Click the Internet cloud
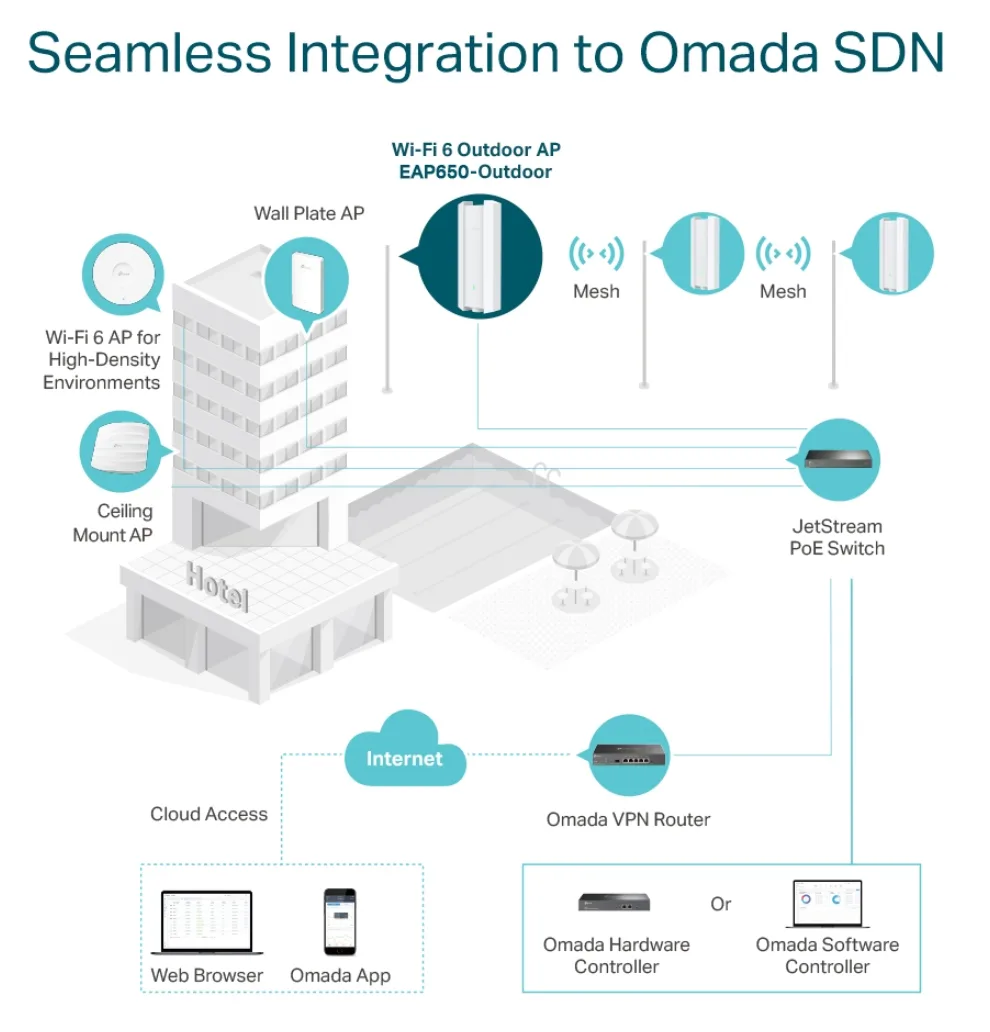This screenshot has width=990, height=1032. (x=405, y=750)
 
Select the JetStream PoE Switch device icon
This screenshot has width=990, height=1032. (x=839, y=458)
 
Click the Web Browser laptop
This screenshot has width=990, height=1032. (x=207, y=922)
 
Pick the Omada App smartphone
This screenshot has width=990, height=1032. (x=340, y=921)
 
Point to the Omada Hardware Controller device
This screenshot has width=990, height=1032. (x=614, y=902)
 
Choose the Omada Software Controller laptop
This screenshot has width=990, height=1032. (x=828, y=904)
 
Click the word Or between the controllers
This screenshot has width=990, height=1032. (x=721, y=904)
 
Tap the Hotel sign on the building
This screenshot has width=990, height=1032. (x=217, y=586)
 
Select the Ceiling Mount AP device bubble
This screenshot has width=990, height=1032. (x=121, y=451)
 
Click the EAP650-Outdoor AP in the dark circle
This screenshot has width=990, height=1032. (x=479, y=255)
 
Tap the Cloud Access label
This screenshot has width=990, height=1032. (x=209, y=814)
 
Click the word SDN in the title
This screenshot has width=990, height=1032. (x=889, y=52)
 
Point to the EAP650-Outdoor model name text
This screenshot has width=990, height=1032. (x=475, y=172)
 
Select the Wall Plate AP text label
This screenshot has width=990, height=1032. (x=309, y=213)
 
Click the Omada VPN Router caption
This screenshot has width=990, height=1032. (x=629, y=819)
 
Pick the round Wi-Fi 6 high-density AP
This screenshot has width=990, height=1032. (x=124, y=272)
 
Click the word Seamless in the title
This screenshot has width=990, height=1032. (x=149, y=52)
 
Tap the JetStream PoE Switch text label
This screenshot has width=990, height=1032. (x=837, y=537)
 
